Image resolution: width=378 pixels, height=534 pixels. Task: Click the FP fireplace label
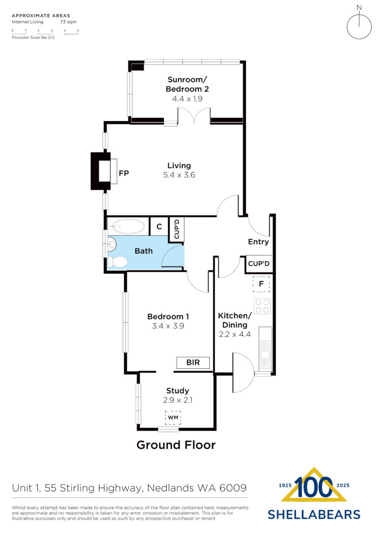click(x=124, y=174)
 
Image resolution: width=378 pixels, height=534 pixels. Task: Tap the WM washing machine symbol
click(x=173, y=417)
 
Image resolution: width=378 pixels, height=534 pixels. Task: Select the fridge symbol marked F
click(x=261, y=284)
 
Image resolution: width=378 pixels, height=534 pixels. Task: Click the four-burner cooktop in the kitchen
click(x=262, y=306)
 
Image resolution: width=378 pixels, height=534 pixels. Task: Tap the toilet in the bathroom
click(x=118, y=262)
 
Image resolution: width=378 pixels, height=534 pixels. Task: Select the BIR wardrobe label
click(x=193, y=362)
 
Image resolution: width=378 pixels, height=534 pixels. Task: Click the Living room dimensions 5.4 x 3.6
click(x=179, y=175)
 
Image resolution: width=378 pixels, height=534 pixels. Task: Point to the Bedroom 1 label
click(x=168, y=316)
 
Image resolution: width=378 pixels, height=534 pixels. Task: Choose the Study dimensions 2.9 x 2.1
click(x=178, y=400)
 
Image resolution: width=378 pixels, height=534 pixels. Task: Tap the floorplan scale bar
click(x=45, y=31)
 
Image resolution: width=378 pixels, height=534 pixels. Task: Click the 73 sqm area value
click(x=68, y=22)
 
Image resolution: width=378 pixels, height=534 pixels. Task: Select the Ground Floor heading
click(x=176, y=445)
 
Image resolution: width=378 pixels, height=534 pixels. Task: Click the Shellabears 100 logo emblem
click(x=314, y=484)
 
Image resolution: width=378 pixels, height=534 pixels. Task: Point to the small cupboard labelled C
click(x=159, y=226)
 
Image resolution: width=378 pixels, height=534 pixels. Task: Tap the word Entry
click(x=258, y=242)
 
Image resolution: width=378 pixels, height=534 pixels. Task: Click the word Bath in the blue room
click(x=144, y=251)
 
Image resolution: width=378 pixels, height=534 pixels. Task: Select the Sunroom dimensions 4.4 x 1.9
click(x=187, y=99)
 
